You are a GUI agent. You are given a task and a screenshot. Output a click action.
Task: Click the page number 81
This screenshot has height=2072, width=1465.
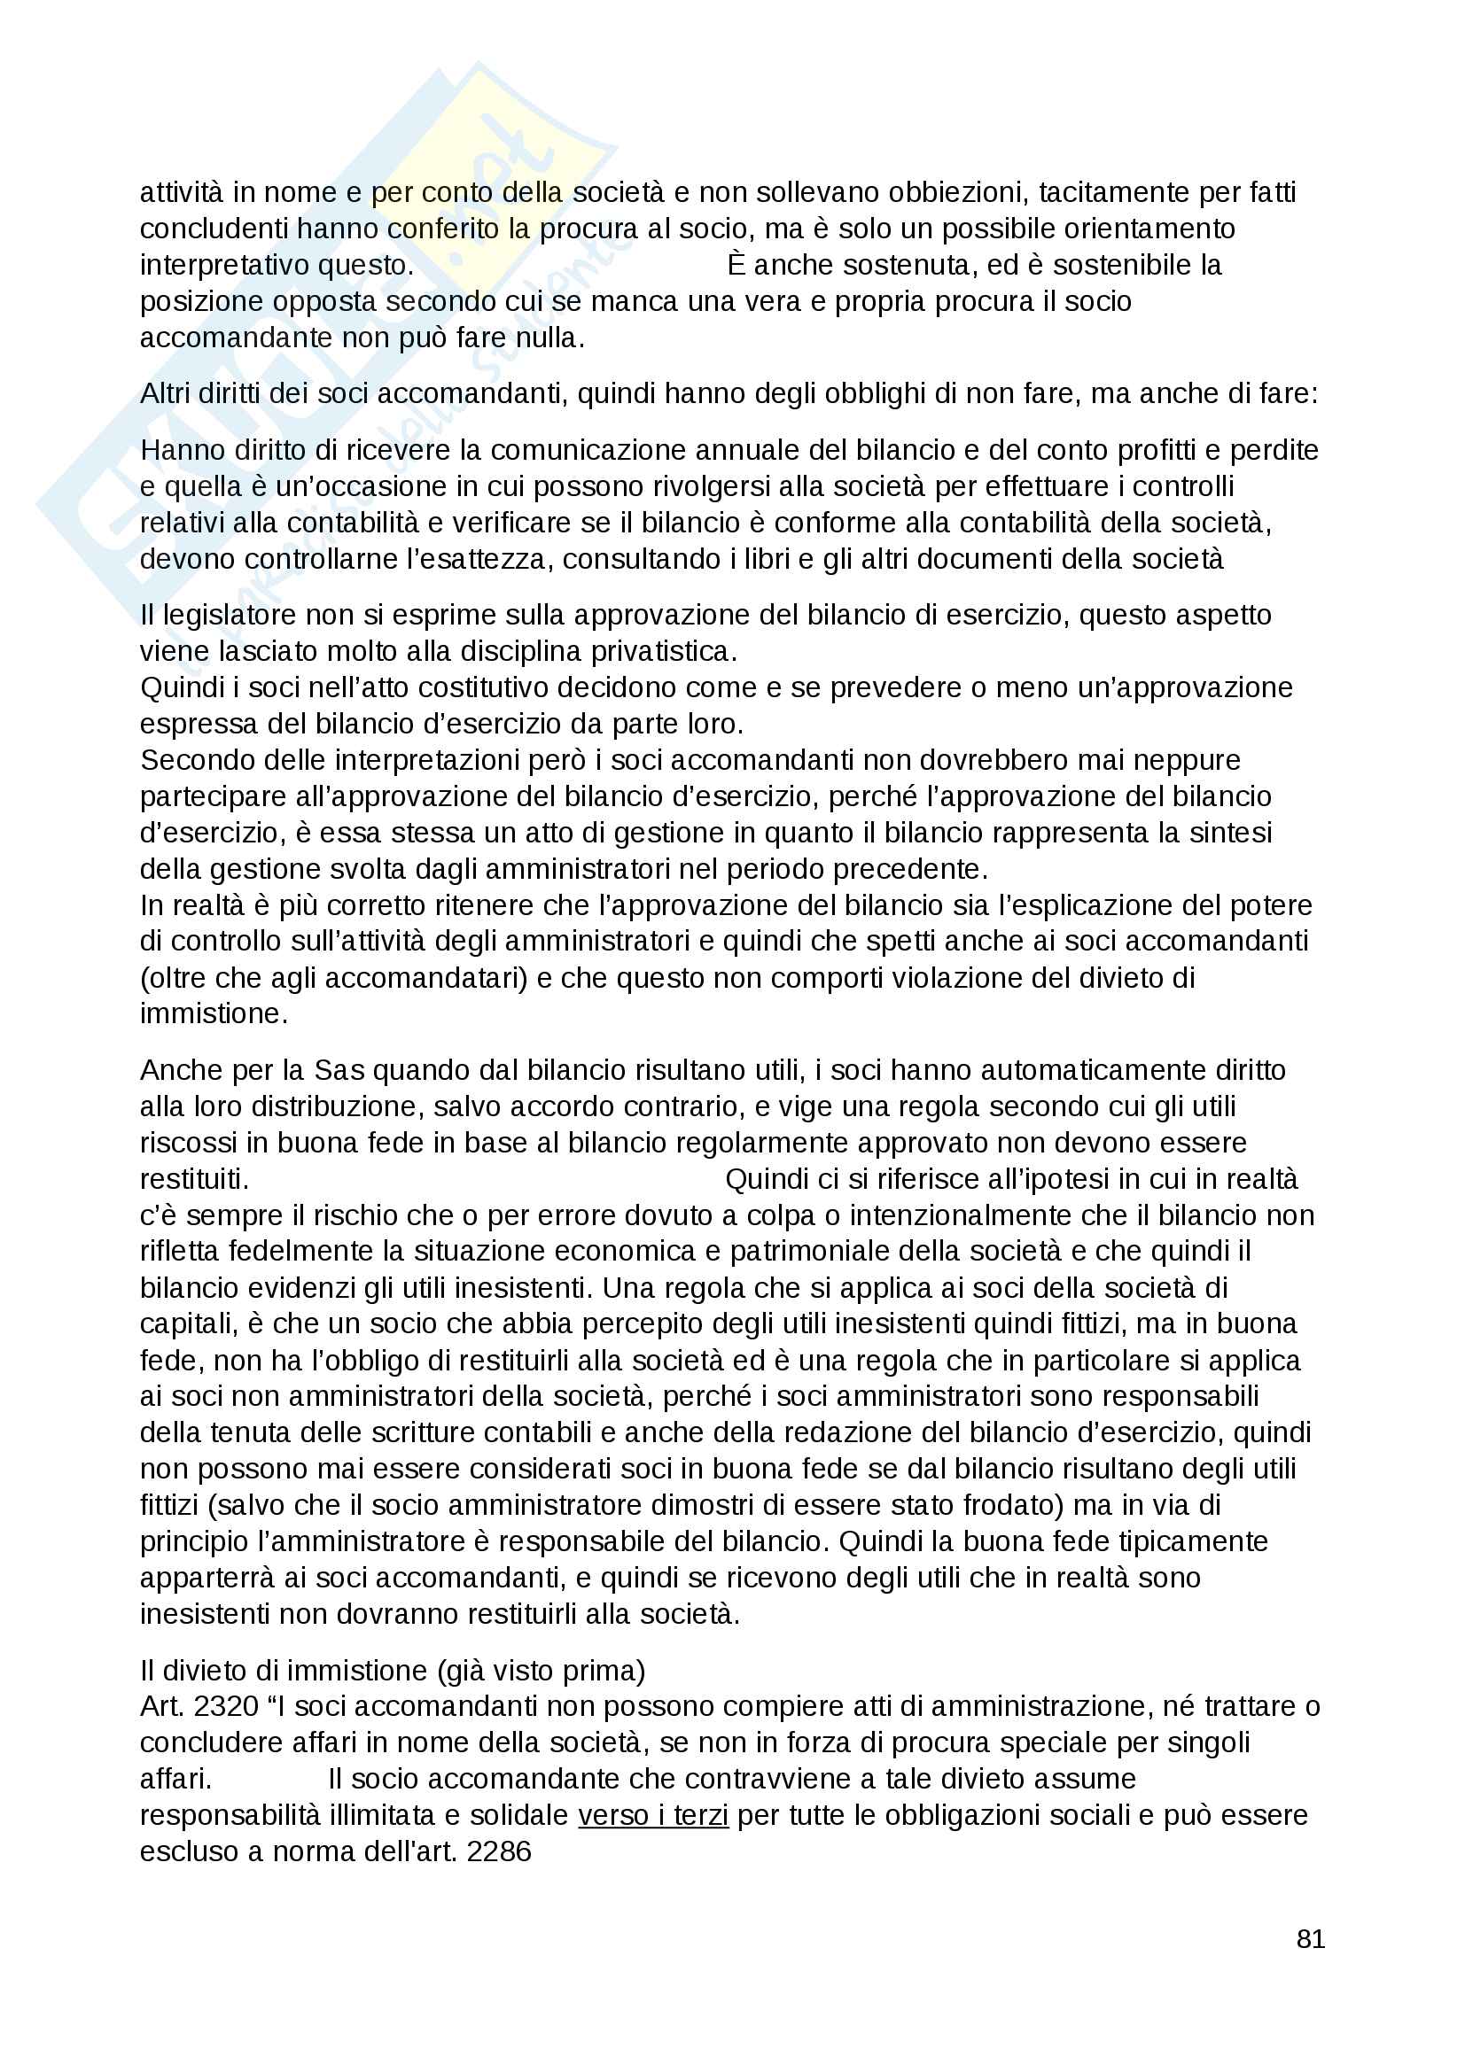coord(1310,1939)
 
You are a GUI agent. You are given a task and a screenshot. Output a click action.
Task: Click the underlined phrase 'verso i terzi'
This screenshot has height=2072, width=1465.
coord(652,1815)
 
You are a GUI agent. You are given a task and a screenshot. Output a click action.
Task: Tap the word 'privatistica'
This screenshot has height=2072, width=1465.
coord(664,652)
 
